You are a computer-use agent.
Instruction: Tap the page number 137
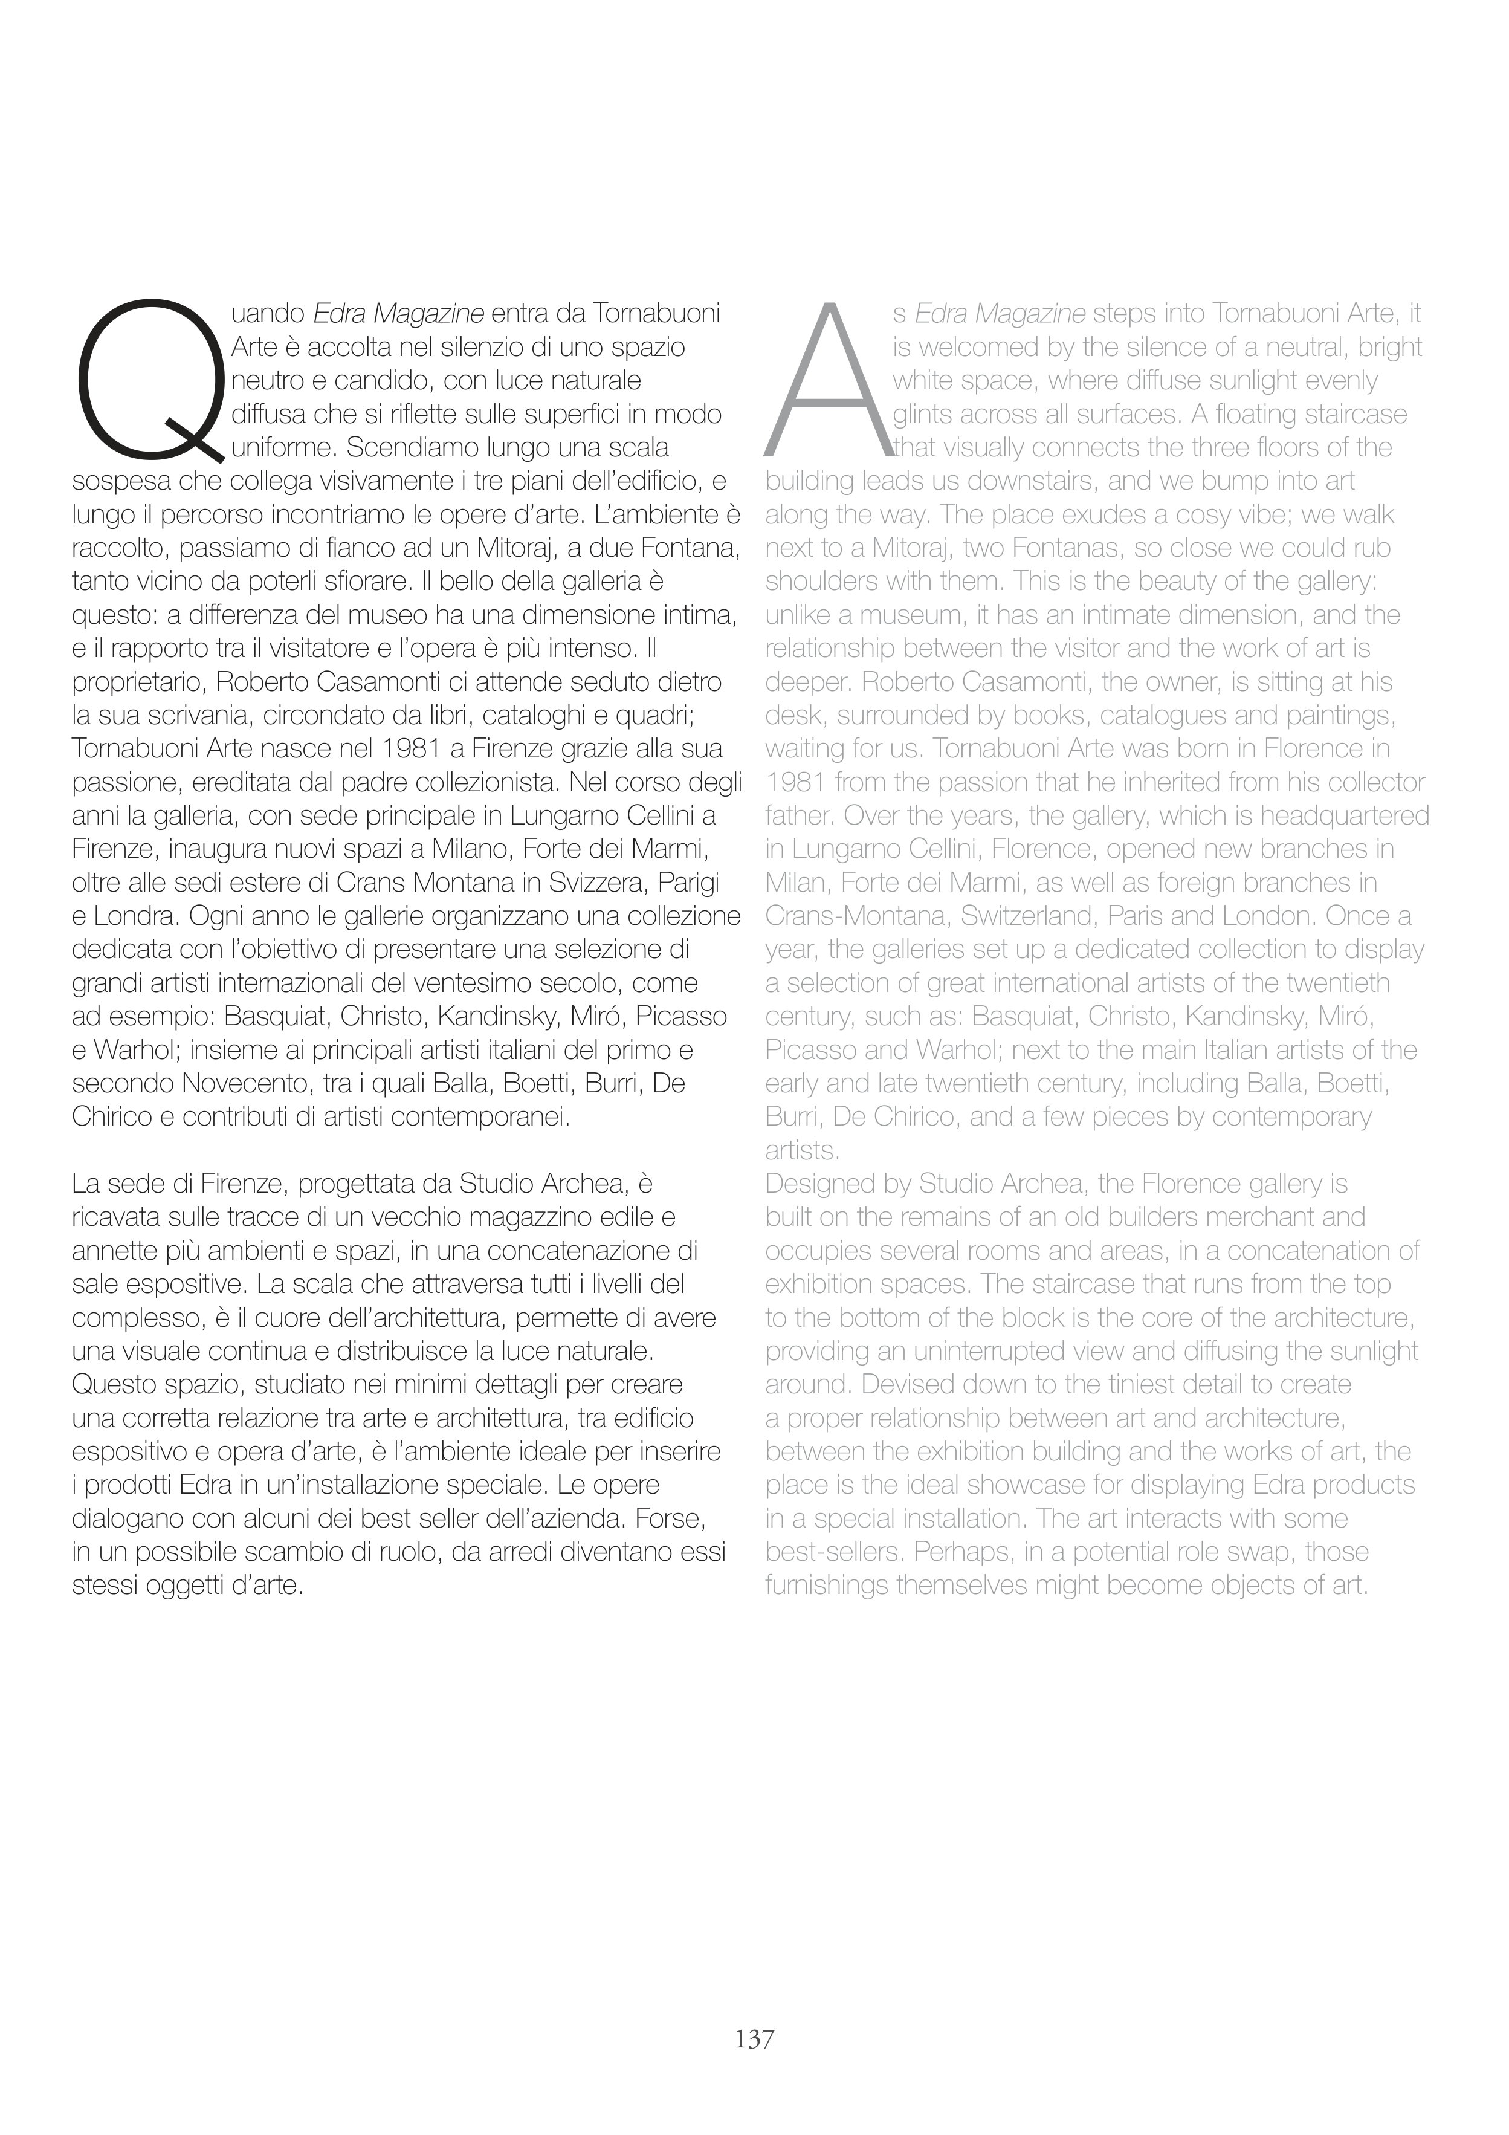tap(754, 2039)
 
